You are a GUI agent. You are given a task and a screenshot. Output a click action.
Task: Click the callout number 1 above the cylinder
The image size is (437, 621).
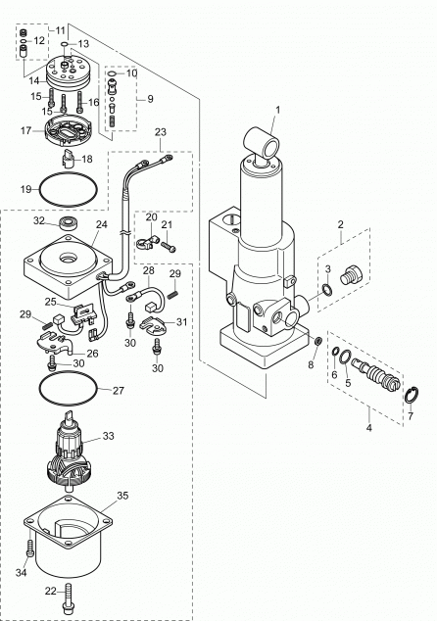277,109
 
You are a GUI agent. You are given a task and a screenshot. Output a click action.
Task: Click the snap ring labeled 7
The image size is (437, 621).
412,395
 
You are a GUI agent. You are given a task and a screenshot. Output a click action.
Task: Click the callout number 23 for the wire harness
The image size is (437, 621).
160,132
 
